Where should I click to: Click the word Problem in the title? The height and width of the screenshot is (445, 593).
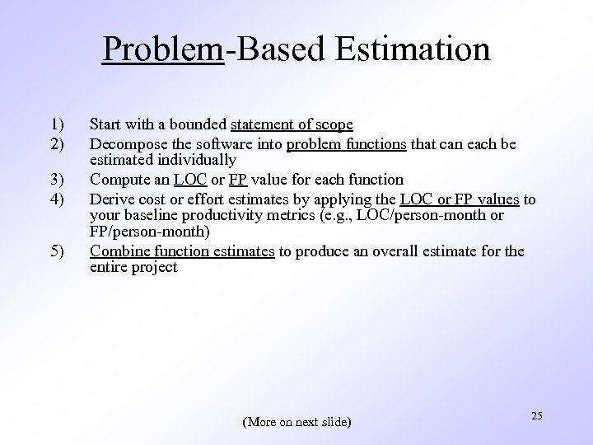pos(163,49)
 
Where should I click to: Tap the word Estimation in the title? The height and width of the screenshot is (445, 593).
pos(413,49)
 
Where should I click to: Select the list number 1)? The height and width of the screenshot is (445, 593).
pos(56,125)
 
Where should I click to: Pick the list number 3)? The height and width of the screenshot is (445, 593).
pos(56,180)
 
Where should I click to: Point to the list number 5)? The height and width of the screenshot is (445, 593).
pos(56,251)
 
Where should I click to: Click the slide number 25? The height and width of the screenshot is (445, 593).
pos(536,416)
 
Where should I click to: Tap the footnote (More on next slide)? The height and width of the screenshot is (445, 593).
pos(296,422)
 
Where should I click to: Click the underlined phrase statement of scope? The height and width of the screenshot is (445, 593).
pos(292,125)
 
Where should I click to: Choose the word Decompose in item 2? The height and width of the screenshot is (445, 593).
pos(123,144)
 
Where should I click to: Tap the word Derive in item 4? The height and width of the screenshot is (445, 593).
pos(111,199)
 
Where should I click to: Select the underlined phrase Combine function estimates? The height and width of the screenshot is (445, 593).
pos(181,251)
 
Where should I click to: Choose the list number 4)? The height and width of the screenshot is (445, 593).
pos(56,199)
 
